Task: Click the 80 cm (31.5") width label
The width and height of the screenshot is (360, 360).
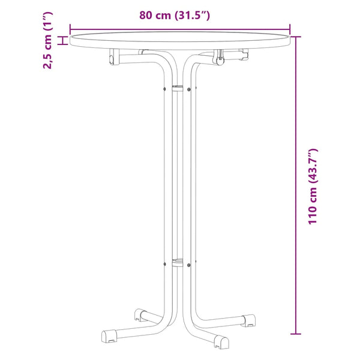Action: coord(175,15)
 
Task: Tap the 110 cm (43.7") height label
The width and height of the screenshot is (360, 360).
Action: coord(313,187)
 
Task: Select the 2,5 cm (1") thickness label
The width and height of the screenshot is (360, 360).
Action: coord(48,40)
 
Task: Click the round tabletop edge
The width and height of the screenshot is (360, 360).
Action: coord(180,40)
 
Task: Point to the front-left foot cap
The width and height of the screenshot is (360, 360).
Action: coord(109,337)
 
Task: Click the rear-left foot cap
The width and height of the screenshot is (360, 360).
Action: coord(140,315)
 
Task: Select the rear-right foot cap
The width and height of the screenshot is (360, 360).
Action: coord(248,320)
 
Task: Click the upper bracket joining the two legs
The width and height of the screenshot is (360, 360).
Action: coord(178,88)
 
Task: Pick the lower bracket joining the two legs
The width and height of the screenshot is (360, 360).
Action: coord(178,262)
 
